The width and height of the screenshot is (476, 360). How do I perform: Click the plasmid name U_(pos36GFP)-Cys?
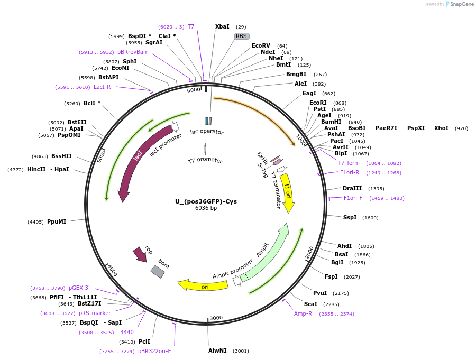click(206, 201)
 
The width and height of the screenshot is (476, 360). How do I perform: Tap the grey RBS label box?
click(242, 36)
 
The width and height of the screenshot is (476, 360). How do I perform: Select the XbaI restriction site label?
click(222, 26)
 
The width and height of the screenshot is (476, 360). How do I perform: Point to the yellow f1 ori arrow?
click(287, 191)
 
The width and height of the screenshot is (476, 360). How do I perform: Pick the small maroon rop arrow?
click(141, 255)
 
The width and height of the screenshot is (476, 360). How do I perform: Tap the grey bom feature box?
click(158, 271)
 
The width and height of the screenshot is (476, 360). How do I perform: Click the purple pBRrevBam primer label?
click(133, 52)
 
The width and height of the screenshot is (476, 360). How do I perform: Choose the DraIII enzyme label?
click(352, 188)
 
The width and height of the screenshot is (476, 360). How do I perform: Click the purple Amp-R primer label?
click(303, 313)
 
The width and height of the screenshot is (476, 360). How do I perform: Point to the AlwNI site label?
click(217, 350)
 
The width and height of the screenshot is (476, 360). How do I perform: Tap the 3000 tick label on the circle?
click(216, 318)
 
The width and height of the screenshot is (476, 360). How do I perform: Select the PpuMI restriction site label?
click(57, 221)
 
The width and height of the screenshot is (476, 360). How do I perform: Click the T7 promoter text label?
click(205, 160)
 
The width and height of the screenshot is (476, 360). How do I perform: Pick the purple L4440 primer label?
click(125, 332)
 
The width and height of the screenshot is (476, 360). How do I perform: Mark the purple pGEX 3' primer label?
click(79, 288)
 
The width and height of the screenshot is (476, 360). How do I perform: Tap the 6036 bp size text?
click(206, 208)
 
